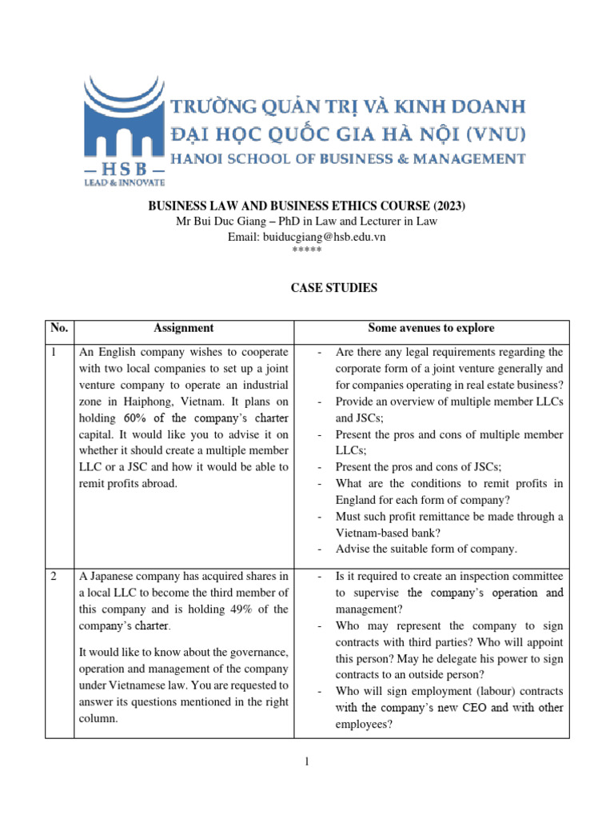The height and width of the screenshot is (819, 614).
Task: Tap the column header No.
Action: tap(60, 328)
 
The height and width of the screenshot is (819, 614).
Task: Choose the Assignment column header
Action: tap(183, 328)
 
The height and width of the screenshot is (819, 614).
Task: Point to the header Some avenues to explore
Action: tap(431, 328)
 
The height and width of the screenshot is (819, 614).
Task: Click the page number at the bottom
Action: tap(307, 762)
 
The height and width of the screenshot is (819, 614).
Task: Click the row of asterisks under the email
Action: tap(307, 250)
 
